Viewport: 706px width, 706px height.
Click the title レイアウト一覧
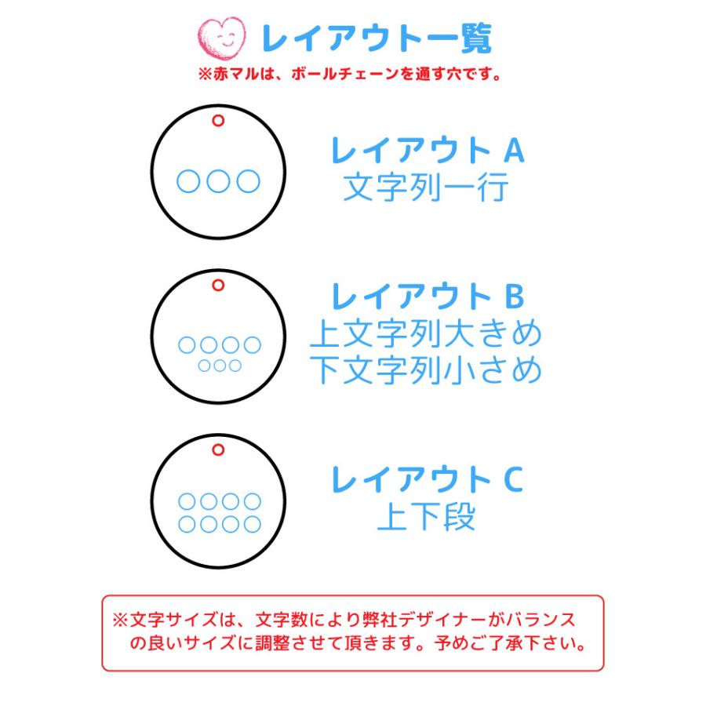pyautogui.click(x=376, y=37)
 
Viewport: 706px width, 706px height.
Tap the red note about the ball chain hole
pyautogui.click(x=349, y=75)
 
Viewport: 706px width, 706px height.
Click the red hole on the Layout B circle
pyautogui.click(x=218, y=285)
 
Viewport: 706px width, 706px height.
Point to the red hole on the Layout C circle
pyautogui.click(x=218, y=449)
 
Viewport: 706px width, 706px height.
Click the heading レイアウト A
pyautogui.click(x=426, y=151)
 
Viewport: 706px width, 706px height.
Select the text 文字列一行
pyautogui.click(x=426, y=188)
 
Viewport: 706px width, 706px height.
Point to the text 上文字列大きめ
pyautogui.click(x=426, y=335)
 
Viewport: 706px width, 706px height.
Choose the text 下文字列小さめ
pyautogui.click(x=426, y=370)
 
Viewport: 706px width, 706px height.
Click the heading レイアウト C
pyautogui.click(x=426, y=479)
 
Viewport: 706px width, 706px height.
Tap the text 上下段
pyautogui.click(x=426, y=518)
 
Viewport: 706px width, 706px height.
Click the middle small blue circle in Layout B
pyautogui.click(x=219, y=365)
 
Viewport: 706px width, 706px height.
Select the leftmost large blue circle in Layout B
pyautogui.click(x=187, y=344)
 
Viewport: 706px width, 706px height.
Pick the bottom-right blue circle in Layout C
pyautogui.click(x=252, y=523)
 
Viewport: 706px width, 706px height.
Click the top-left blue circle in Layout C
pyautogui.click(x=187, y=500)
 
